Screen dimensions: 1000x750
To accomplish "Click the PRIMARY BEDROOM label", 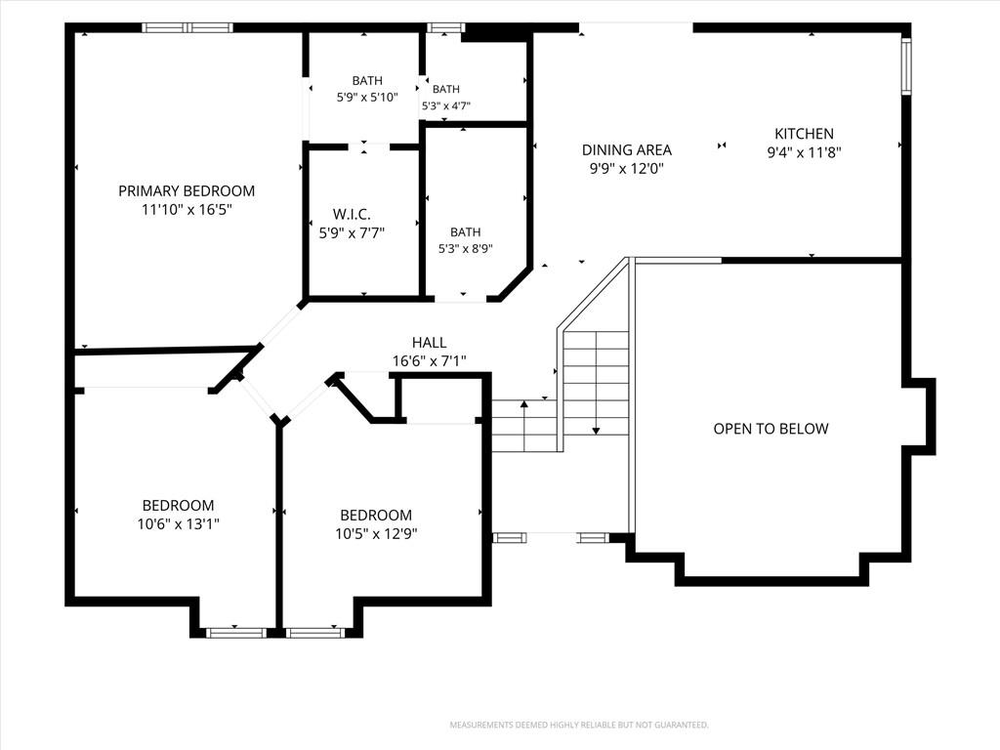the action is click(187, 190).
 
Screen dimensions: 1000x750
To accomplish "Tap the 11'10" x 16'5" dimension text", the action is click(187, 209).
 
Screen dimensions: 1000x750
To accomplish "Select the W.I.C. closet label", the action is click(352, 214).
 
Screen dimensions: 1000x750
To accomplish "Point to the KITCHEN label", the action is click(804, 133).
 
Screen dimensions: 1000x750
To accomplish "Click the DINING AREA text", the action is click(626, 149).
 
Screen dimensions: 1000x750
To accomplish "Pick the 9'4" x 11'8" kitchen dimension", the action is click(804, 152).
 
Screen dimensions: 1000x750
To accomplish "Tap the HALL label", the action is click(430, 343).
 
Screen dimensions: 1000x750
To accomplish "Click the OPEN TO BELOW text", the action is click(771, 429).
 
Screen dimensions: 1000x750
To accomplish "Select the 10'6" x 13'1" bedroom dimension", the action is click(178, 524).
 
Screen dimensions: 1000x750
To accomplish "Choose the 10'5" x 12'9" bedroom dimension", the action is click(376, 534).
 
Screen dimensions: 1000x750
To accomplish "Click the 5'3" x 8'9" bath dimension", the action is click(465, 249).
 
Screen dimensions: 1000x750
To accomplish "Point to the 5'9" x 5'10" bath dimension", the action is click(367, 98).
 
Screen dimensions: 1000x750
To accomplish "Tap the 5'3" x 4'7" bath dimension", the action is click(445, 105).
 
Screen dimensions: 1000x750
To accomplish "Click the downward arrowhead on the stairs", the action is click(596, 431).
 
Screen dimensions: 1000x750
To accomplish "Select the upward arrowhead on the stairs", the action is click(524, 403).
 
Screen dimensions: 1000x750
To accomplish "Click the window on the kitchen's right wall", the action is click(905, 66).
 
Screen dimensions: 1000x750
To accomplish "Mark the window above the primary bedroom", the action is click(187, 27).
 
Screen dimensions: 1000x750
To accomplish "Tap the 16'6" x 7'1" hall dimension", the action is click(429, 361).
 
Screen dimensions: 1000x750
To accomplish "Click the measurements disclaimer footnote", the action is click(579, 726).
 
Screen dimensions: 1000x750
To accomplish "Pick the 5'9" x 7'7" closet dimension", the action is click(352, 232).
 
